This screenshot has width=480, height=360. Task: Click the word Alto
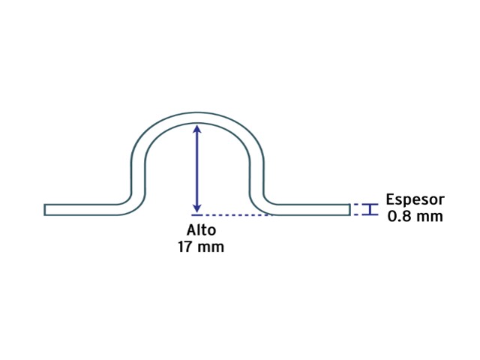coord(201,230)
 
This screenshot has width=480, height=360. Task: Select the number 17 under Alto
coord(186,247)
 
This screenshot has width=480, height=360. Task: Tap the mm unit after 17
coord(211,248)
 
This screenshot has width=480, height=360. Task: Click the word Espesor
coord(415,200)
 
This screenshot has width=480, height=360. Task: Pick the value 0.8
coord(399,217)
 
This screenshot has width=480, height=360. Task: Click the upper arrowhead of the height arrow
coord(197,128)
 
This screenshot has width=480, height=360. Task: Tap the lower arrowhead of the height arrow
coord(197,208)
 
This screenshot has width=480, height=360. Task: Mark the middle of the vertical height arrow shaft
coord(197,168)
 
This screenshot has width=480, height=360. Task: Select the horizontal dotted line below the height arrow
coord(232,215)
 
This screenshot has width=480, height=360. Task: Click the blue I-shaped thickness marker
coord(370,209)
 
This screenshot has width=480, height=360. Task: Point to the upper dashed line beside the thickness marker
coord(355,204)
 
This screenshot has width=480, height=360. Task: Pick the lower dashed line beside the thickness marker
coord(355,214)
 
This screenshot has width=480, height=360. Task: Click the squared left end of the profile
coord(45,210)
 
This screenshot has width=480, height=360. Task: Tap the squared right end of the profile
coord(349,210)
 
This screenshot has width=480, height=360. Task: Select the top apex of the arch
coord(197,118)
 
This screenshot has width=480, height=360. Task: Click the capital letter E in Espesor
coord(390,199)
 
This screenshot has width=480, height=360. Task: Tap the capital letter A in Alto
coord(191,230)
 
